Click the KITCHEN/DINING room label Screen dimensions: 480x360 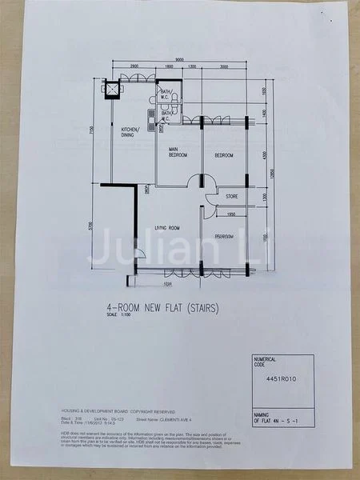click(130, 132)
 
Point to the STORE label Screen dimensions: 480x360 click(231, 196)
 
